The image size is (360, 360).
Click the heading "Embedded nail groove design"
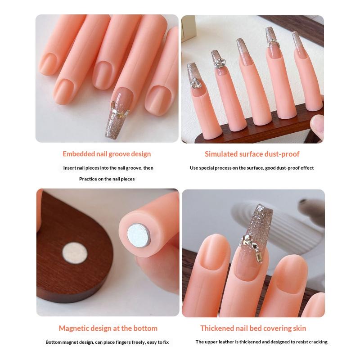tap(107, 154)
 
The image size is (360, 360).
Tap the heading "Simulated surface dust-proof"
tap(252, 154)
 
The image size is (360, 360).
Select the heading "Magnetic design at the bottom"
tap(108, 328)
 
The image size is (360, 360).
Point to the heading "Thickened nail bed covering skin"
tap(253, 328)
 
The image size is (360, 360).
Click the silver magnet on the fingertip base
tap(139, 236)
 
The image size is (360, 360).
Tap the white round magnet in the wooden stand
tap(75, 253)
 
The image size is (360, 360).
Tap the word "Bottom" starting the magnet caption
tap(54, 342)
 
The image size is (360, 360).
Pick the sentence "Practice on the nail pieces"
tap(107, 179)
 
